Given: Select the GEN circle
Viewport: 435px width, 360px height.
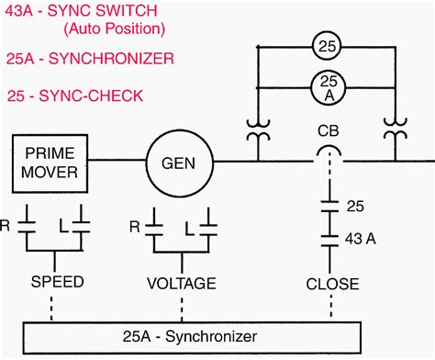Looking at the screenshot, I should pos(179,163).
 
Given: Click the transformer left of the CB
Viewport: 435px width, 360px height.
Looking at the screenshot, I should pos(253,135).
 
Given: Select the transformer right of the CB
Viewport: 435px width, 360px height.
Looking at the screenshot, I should pos(396,135).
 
